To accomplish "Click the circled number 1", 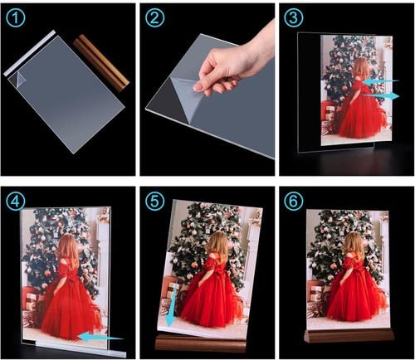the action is [15, 17].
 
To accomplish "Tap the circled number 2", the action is [155, 17].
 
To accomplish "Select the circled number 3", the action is [294, 17].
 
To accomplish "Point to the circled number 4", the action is [15, 201].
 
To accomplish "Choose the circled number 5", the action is [155, 201].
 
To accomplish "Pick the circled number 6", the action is [294, 201].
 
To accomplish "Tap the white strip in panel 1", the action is [30, 53].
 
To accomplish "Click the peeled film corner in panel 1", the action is [20, 79].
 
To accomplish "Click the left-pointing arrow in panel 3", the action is [381, 81].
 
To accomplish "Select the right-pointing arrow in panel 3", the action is [381, 95].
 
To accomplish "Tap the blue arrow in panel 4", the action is [100, 337].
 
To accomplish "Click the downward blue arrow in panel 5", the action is [171, 305].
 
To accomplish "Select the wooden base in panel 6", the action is [349, 336].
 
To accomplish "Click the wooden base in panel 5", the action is [201, 343].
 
